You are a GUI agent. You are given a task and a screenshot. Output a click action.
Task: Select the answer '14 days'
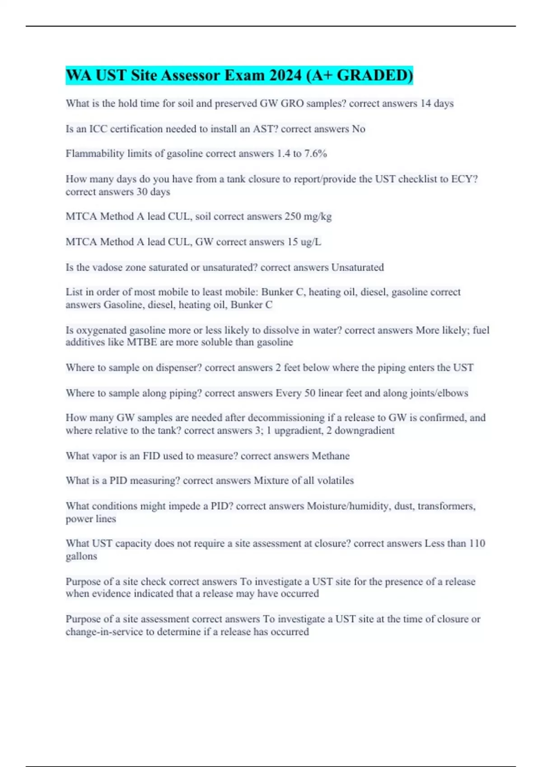[437, 103]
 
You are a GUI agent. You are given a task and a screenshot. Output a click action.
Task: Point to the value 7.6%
[316, 154]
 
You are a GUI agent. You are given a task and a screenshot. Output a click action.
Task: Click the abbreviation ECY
[464, 179]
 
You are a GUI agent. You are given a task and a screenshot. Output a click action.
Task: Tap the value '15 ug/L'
[304, 242]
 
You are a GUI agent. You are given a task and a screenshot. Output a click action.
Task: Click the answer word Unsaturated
[357, 267]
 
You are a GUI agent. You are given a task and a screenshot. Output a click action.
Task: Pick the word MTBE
[142, 342]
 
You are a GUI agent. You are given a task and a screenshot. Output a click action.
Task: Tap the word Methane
[331, 456]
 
